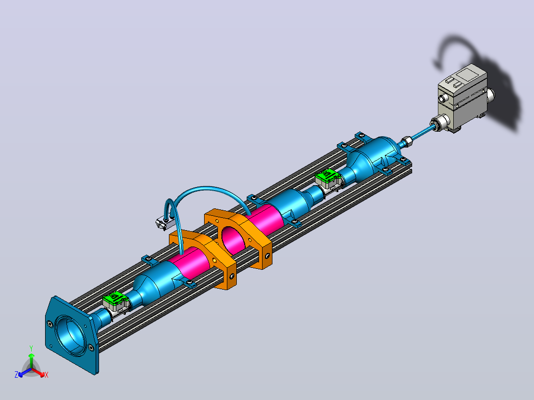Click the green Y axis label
pos(31,348)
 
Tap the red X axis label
pos(47,375)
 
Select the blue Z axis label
pos(16,375)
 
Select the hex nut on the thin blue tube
pos(407,141)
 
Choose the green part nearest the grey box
pos(326,176)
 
